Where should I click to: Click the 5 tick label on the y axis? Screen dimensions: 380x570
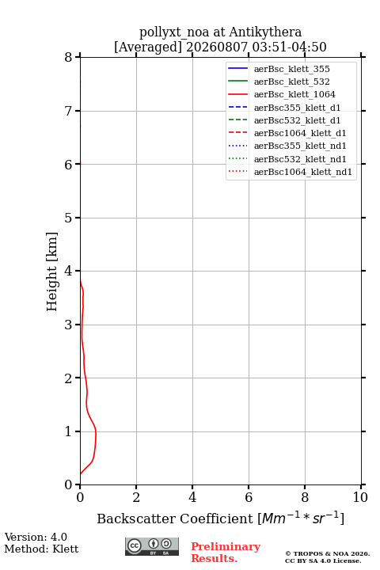click(69, 218)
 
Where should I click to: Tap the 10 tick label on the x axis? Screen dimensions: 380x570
click(360, 497)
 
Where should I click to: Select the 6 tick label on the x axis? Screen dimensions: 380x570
click(249, 497)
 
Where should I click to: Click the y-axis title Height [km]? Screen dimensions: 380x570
click(52, 272)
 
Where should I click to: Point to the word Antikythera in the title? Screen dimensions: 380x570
click(265, 32)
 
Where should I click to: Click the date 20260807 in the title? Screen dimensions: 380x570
click(217, 47)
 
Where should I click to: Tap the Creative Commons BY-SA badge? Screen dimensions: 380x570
click(152, 546)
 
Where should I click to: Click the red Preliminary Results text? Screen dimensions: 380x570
click(226, 553)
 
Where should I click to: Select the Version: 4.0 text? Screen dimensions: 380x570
click(36, 537)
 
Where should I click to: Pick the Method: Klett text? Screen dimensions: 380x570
click(41, 549)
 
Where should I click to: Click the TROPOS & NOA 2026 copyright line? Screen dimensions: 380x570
click(327, 553)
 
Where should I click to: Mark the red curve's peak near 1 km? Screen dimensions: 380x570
click(96, 432)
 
